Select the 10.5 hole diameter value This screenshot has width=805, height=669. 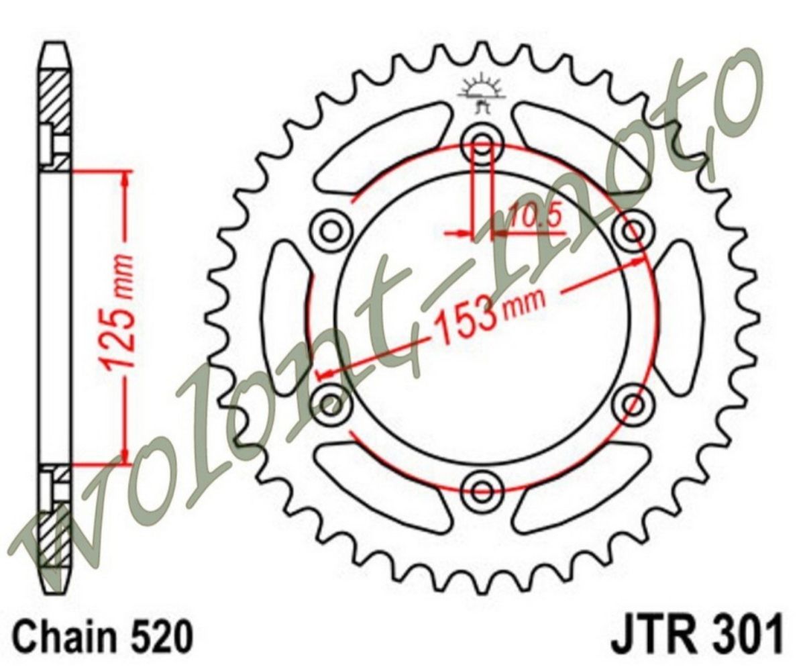click(534, 218)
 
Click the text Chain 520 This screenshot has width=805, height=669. click(103, 636)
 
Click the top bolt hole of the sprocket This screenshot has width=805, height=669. click(482, 140)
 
